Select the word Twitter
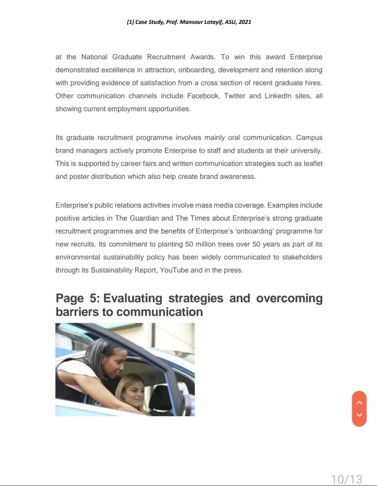[235, 96]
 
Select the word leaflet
[313, 164]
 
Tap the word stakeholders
[302, 257]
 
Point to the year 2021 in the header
[245, 22]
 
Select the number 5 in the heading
[93, 298]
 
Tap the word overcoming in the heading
[289, 298]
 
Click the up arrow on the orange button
[360, 402]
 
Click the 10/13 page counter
[346, 479]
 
